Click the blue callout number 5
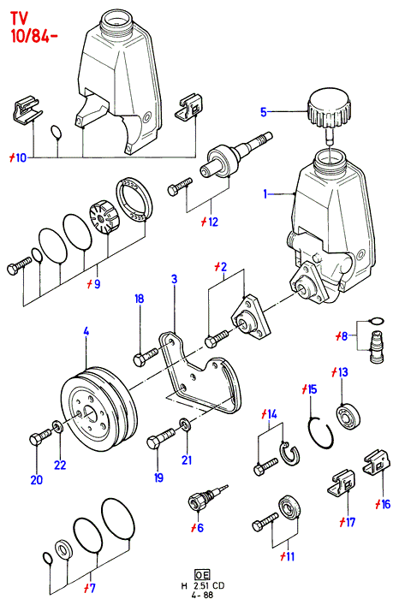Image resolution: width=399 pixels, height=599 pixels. click(264, 112)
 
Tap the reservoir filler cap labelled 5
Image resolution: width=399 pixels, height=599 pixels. click(328, 109)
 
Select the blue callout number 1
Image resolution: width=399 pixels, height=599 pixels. click(265, 194)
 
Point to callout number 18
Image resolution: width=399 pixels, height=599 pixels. click(139, 299)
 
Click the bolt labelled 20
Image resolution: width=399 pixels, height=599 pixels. click(39, 436)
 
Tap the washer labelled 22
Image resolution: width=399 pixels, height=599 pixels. click(58, 425)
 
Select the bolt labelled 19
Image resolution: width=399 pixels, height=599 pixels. click(160, 439)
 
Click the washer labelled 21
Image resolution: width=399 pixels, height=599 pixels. click(186, 424)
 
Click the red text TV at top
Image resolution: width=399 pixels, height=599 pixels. click(19, 18)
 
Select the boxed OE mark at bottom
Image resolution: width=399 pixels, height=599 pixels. click(202, 574)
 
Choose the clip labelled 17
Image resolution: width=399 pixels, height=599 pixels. click(342, 483)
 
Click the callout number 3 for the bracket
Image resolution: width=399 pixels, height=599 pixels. click(175, 279)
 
